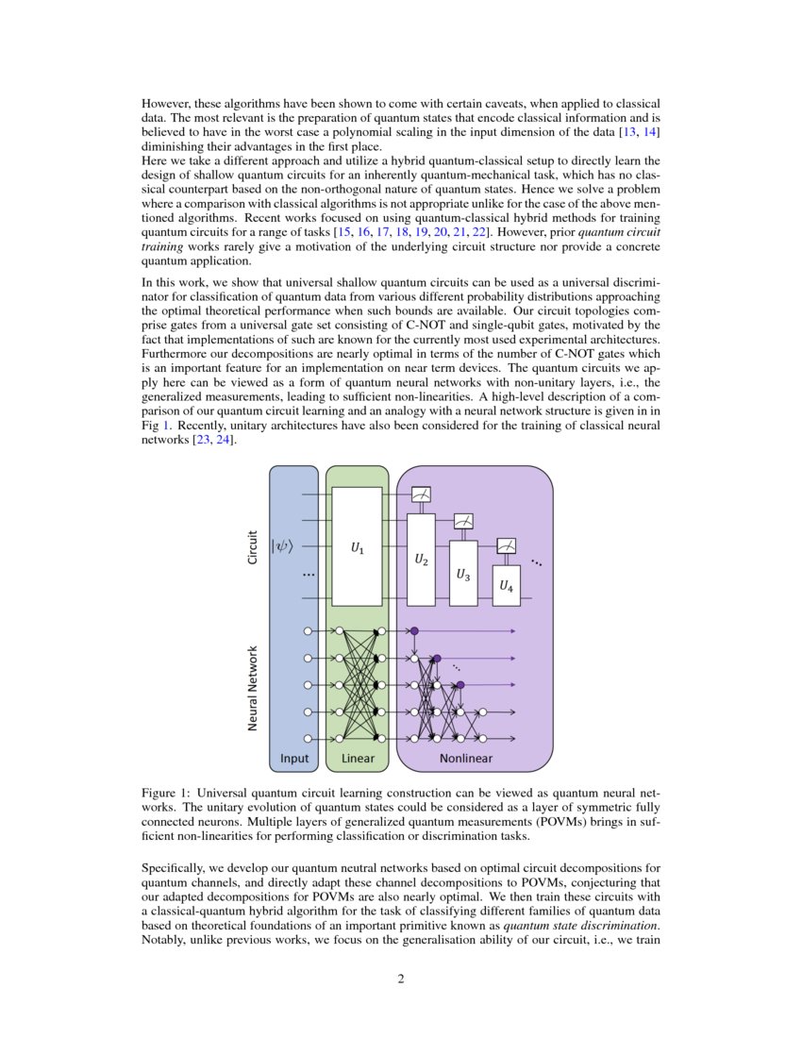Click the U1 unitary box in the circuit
pyautogui.click(x=357, y=546)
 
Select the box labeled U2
pyautogui.click(x=421, y=561)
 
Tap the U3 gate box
pyautogui.click(x=463, y=573)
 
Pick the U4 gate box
pyautogui.click(x=506, y=585)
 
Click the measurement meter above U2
pyautogui.click(x=421, y=494)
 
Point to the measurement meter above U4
pyautogui.click(x=506, y=545)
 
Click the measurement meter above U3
pyautogui.click(x=463, y=520)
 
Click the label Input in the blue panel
pyautogui.click(x=294, y=758)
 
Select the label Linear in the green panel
pyautogui.click(x=358, y=758)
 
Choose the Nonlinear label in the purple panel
pyautogui.click(x=466, y=758)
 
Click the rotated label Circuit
pyautogui.click(x=253, y=545)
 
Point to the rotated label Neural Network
pyautogui.click(x=253, y=687)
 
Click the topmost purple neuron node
pyautogui.click(x=413, y=630)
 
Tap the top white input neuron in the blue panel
pyautogui.click(x=308, y=630)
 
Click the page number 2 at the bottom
pyautogui.click(x=401, y=979)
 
